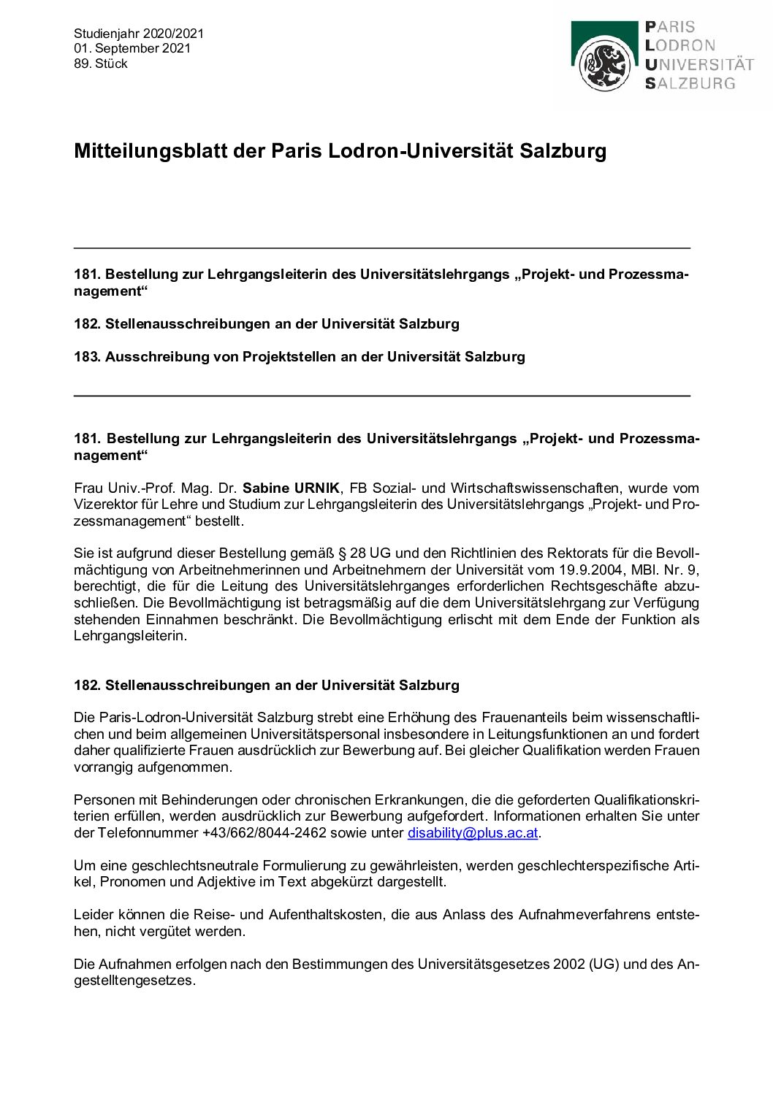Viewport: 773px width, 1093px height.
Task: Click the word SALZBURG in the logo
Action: (690, 83)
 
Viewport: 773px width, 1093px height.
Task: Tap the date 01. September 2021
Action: (132, 48)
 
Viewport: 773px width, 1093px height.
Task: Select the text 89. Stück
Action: (101, 64)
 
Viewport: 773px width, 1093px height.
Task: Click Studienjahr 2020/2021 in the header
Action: (139, 33)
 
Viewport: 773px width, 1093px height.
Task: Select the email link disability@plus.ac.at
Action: (473, 832)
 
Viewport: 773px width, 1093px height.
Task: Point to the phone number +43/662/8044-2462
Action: (260, 832)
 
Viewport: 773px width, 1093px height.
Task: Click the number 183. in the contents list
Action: (87, 356)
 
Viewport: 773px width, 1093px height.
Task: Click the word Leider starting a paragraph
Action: (93, 914)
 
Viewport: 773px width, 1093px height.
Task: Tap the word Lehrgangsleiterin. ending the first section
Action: (131, 636)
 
